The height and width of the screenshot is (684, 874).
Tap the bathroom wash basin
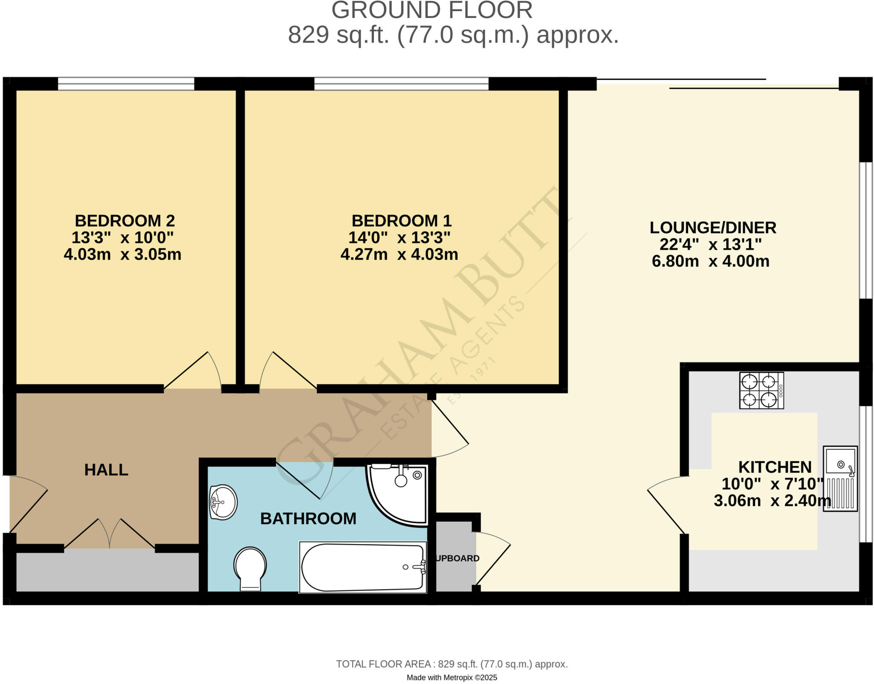point(223,502)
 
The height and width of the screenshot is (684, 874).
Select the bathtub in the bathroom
point(363,567)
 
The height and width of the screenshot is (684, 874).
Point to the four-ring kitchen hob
point(761,390)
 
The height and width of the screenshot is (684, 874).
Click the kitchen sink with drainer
point(840,479)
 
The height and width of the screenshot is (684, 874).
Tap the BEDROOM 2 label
point(125,221)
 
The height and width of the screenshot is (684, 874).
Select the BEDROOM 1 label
point(401,221)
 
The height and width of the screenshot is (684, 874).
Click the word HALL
point(106,470)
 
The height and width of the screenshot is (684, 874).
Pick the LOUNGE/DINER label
point(713,228)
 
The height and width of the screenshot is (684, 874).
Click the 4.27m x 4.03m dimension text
point(399,255)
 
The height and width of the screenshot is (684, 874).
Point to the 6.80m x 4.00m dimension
point(711,261)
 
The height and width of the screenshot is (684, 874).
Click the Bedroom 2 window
point(126,84)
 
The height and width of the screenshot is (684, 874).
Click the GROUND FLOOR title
point(432,10)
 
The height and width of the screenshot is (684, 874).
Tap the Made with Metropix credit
point(452,678)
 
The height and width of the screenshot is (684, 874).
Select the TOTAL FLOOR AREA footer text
point(452,664)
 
